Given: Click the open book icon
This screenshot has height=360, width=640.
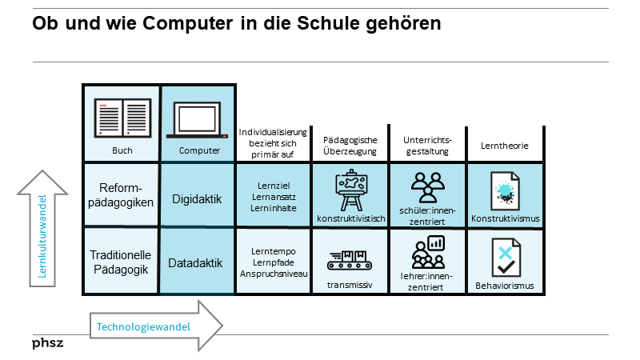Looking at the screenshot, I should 122,118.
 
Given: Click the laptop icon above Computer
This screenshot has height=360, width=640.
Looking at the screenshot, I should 198,118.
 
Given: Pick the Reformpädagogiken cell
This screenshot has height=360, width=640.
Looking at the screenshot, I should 122,195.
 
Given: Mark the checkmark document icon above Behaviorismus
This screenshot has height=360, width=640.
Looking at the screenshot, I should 505,256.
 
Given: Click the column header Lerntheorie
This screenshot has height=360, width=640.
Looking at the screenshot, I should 504,146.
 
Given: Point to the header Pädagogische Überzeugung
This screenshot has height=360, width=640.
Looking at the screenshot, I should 350,146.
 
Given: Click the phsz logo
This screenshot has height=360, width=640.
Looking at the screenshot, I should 47,343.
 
